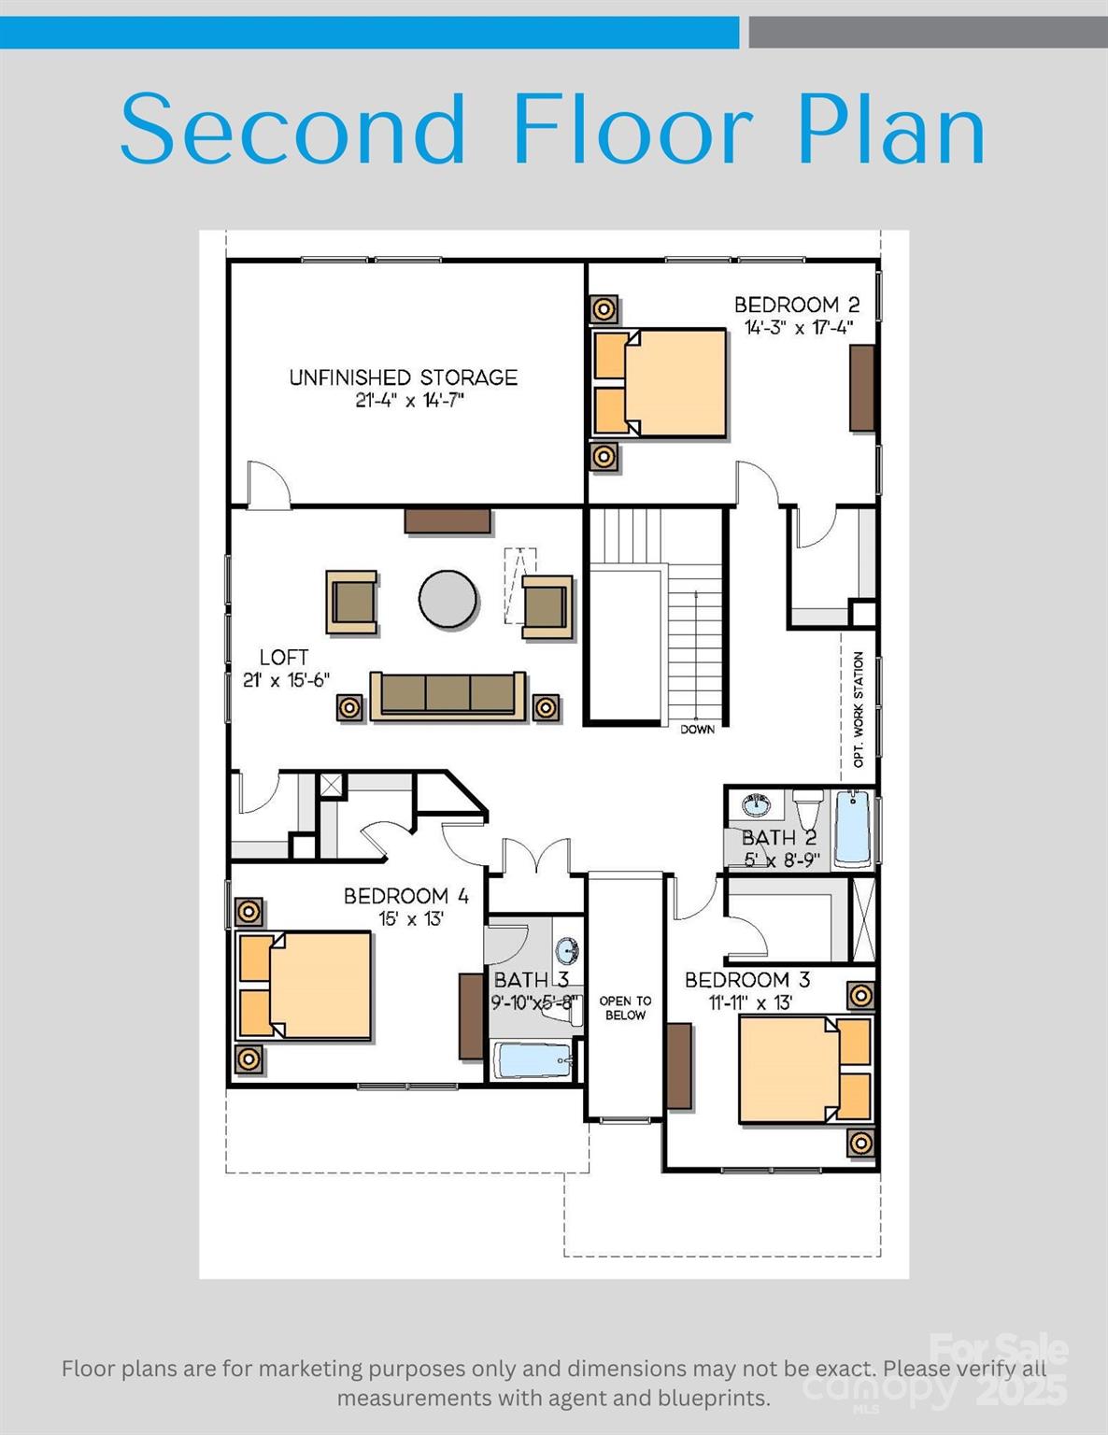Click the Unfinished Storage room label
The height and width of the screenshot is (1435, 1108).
tap(403, 377)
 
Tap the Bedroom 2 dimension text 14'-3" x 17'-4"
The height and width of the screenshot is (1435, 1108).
tap(799, 328)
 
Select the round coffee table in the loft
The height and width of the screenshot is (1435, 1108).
tap(448, 600)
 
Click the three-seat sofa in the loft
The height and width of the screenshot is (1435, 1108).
tap(447, 695)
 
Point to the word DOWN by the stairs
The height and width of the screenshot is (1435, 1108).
tap(697, 730)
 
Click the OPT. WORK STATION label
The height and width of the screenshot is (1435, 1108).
tap(859, 709)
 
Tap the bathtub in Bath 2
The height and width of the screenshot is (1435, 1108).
tap(852, 828)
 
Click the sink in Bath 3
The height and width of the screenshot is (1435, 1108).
tap(566, 951)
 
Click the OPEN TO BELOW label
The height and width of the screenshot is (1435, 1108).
tap(625, 1008)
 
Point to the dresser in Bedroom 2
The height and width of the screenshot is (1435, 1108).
tap(861, 388)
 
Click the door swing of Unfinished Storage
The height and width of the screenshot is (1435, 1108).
tap(268, 486)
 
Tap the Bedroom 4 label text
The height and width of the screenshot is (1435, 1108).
tap(405, 896)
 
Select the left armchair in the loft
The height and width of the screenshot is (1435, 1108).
tap(352, 603)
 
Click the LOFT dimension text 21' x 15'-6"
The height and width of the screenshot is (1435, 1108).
tap(286, 680)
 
